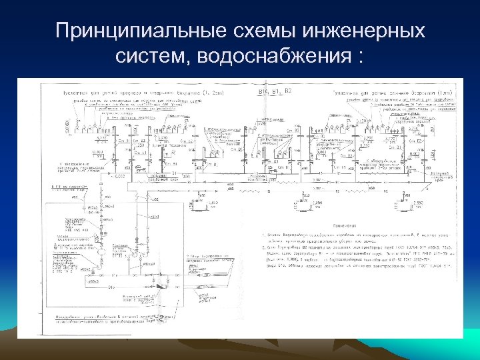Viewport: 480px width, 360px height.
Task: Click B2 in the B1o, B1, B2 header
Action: coord(289,90)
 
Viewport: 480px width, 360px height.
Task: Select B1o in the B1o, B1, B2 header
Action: coord(262,90)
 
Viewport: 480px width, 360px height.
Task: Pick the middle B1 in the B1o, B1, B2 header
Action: coord(275,90)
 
